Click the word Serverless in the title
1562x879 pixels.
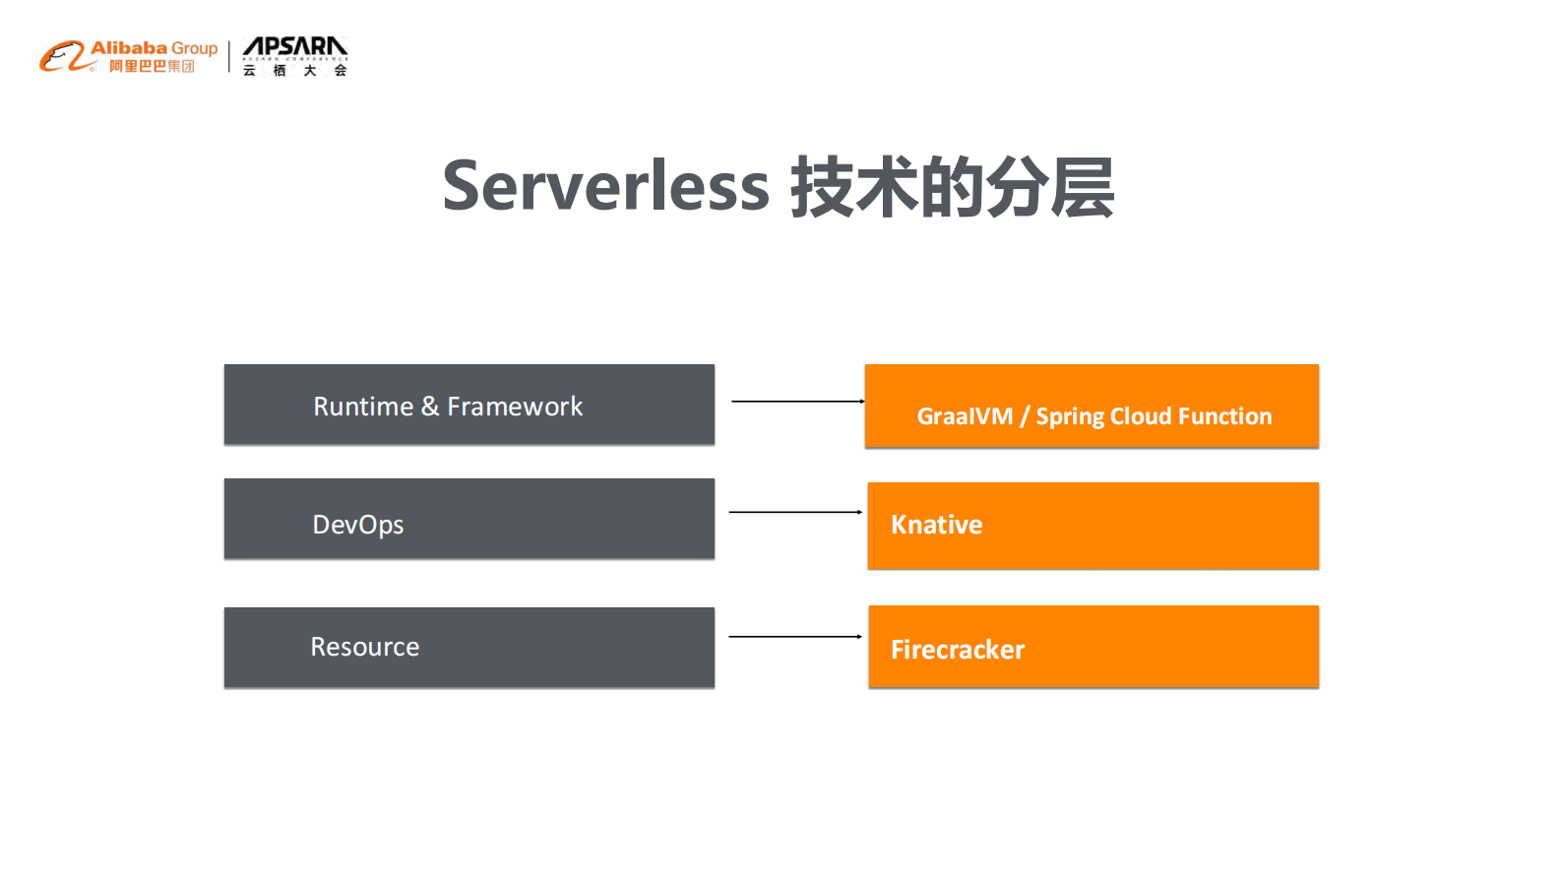(x=605, y=186)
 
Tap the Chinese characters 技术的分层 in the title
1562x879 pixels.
(x=952, y=187)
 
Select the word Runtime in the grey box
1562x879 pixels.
(x=363, y=407)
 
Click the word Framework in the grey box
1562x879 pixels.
(x=515, y=407)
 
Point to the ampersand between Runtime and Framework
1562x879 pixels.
(x=430, y=407)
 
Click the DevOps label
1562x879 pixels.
(x=358, y=525)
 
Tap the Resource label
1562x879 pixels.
(x=365, y=647)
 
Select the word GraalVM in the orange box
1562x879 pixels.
(x=965, y=416)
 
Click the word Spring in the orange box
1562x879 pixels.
(x=1070, y=417)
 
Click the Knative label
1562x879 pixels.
(x=936, y=525)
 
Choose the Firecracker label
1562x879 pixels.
(x=957, y=650)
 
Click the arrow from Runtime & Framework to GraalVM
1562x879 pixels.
(x=797, y=402)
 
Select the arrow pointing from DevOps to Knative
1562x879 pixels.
(x=795, y=512)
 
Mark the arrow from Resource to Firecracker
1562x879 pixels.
(x=795, y=637)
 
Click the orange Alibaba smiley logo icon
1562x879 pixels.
(x=62, y=56)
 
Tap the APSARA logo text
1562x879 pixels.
(x=294, y=46)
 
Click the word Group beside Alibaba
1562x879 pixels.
(x=194, y=48)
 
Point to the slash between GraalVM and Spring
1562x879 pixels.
(x=1025, y=416)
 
